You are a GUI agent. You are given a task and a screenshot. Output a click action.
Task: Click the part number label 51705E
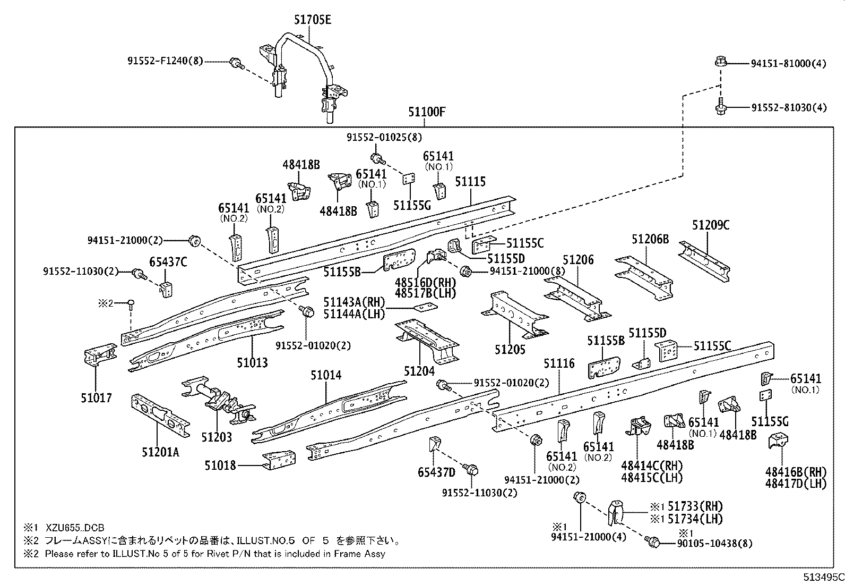point(313,20)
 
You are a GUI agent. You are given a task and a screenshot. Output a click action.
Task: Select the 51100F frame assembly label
point(427,112)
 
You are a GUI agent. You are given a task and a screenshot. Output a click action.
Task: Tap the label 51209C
point(711,225)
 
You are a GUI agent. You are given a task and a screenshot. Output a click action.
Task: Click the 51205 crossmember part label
point(510,349)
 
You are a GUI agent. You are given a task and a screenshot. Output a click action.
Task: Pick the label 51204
point(419,371)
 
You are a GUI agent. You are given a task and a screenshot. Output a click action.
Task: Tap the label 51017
point(96,397)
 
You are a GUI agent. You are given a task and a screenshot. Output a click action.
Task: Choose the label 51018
point(220,465)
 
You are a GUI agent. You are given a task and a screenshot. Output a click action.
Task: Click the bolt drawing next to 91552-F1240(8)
point(236,64)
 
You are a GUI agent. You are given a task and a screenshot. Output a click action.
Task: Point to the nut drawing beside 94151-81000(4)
point(720,62)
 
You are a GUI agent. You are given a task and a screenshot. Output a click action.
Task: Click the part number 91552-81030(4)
point(789,108)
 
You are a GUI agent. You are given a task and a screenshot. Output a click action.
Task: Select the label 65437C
point(168,262)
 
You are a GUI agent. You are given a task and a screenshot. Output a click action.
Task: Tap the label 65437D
point(436,472)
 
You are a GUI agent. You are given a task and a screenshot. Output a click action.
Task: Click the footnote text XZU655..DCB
point(74,528)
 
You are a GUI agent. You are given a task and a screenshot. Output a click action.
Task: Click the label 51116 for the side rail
point(559,364)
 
